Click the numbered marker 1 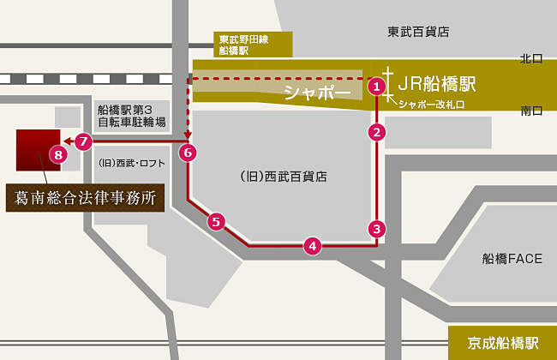point(375,86)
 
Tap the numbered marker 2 point(375,132)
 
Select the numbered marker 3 point(375,229)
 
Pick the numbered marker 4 point(313,246)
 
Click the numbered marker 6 point(189,153)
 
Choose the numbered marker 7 point(83,141)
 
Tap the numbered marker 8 point(57,155)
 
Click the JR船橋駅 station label point(436,84)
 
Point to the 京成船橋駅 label point(503,343)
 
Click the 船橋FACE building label point(512,258)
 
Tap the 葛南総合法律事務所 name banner point(86,196)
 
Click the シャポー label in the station point(318,91)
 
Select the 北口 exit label point(531,58)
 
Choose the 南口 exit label point(531,111)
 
